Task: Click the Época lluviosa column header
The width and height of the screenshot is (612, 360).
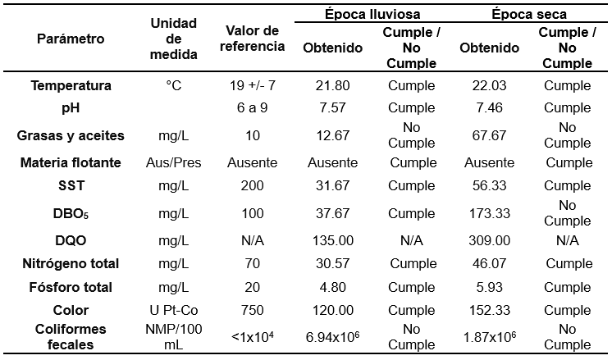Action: [x=372, y=14]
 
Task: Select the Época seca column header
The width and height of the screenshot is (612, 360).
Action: [x=529, y=14]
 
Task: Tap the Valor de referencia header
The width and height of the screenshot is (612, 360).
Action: [x=253, y=39]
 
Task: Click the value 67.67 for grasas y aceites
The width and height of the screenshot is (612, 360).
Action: [x=490, y=135]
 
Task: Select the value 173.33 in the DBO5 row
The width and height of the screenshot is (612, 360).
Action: [x=490, y=213]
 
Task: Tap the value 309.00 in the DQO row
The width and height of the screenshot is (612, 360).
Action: [x=490, y=240]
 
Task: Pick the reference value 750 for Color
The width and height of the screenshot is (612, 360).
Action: [x=253, y=310]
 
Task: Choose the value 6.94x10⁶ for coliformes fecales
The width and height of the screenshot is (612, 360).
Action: [x=333, y=337]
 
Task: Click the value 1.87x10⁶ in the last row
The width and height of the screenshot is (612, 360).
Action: [x=490, y=337]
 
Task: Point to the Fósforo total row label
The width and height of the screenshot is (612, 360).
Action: [x=71, y=287]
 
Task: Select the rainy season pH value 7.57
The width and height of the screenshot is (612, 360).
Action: [x=333, y=107]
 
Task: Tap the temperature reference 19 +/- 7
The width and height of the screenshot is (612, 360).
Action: [x=253, y=85]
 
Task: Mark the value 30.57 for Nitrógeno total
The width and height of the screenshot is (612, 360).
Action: [x=333, y=263]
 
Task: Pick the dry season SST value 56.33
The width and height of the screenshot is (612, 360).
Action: [x=490, y=186]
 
